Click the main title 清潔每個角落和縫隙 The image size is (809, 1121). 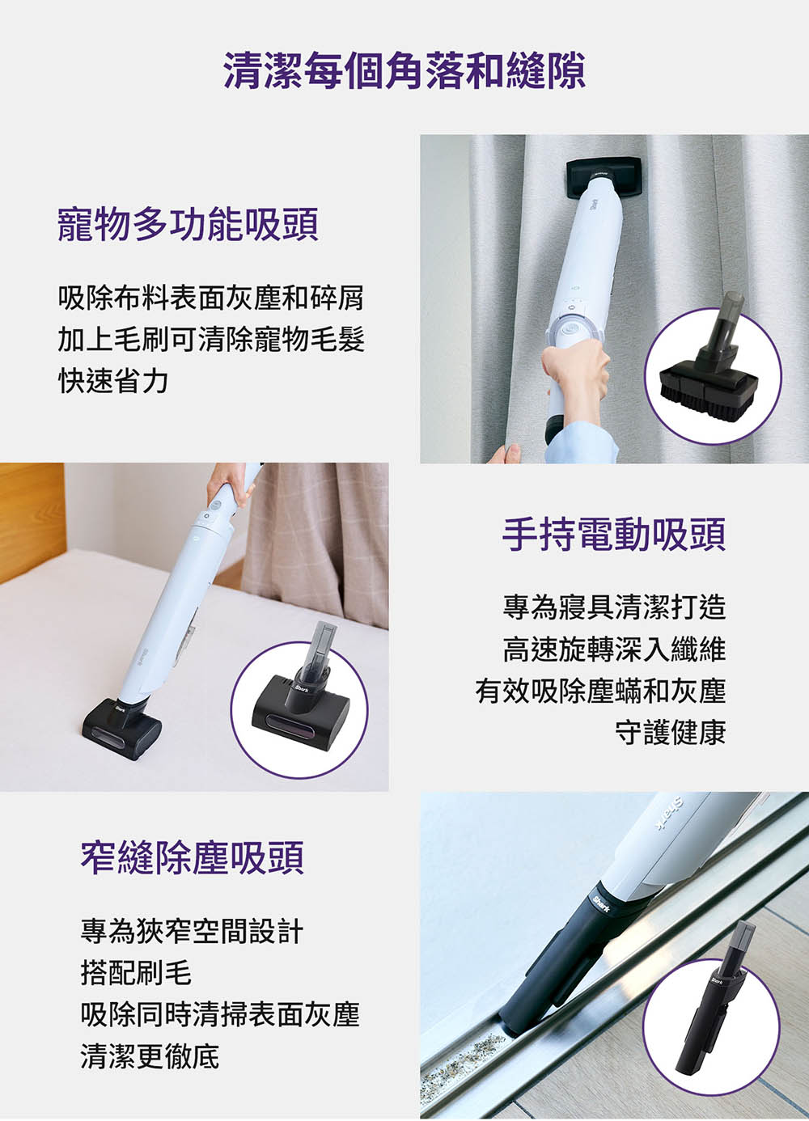click(x=404, y=70)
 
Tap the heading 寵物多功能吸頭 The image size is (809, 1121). click(x=188, y=225)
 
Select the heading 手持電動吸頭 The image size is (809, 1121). click(x=614, y=535)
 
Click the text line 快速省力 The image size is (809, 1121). click(x=113, y=382)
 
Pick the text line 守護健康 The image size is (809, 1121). click(x=671, y=732)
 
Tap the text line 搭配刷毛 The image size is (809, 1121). click(x=136, y=973)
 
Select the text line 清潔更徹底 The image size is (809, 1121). click(x=150, y=1056)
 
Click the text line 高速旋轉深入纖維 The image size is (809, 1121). click(x=614, y=649)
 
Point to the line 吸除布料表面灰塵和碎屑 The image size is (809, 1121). click(x=211, y=298)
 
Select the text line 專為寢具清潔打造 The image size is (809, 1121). click(x=614, y=607)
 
